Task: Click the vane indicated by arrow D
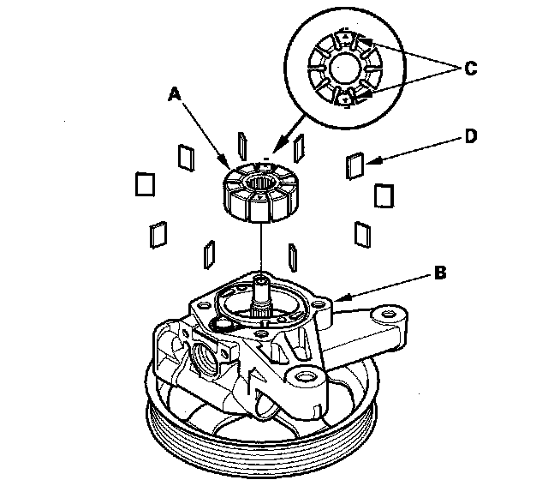point(355,165)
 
